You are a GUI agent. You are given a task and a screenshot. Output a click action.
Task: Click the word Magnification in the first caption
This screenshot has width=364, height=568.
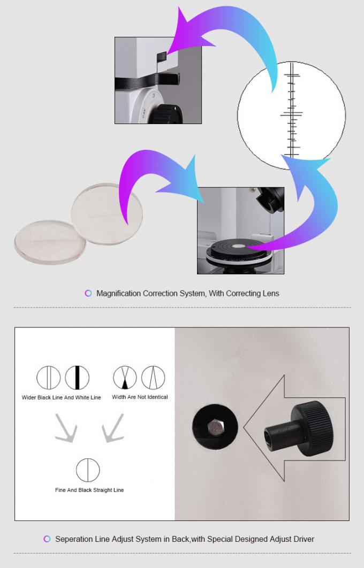118,293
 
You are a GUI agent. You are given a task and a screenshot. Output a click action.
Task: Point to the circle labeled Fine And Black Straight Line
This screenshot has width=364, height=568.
87,470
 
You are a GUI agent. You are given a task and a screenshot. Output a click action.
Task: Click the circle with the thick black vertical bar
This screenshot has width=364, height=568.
77,378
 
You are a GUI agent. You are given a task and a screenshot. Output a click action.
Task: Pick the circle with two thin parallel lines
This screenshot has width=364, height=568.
48,378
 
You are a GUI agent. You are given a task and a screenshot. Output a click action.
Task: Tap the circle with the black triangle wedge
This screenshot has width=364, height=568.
125,378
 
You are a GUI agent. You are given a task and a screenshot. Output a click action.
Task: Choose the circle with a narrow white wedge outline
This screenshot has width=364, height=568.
154,378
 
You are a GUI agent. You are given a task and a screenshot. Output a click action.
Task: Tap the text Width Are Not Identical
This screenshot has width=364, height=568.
140,397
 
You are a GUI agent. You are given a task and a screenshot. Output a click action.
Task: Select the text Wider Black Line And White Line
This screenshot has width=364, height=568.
61,398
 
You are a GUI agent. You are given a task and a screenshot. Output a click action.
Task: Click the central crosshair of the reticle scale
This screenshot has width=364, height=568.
291,113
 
